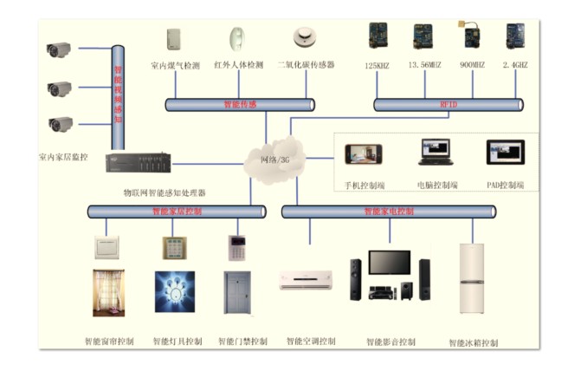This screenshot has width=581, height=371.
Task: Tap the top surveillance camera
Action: pyautogui.click(x=59, y=50)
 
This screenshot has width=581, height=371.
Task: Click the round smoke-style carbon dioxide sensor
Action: pyautogui.click(x=302, y=37)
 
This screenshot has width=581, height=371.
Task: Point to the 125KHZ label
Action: pyautogui.click(x=378, y=65)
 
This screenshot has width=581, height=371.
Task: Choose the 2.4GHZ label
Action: pyautogui.click(x=515, y=65)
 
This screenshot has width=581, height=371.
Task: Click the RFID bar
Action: pyautogui.click(x=448, y=104)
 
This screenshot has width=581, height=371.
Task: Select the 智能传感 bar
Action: pyautogui.click(x=240, y=104)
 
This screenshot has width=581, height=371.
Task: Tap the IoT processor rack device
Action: pyautogui.click(x=139, y=163)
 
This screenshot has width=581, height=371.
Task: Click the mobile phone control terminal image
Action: pyautogui.click(x=363, y=154)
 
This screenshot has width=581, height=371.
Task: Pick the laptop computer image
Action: pyautogui.click(x=436, y=153)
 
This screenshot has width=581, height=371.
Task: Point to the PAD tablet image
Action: pyautogui.click(x=505, y=153)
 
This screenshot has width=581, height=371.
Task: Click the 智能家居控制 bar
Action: pyautogui.click(x=177, y=211)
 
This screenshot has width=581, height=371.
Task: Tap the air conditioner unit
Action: pyautogui.click(x=305, y=280)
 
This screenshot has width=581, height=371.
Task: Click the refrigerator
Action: pyautogui.click(x=472, y=278)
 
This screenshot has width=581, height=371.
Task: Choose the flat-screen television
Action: pyautogui.click(x=389, y=263)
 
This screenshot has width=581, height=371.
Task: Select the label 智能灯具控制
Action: pyautogui.click(x=177, y=342)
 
